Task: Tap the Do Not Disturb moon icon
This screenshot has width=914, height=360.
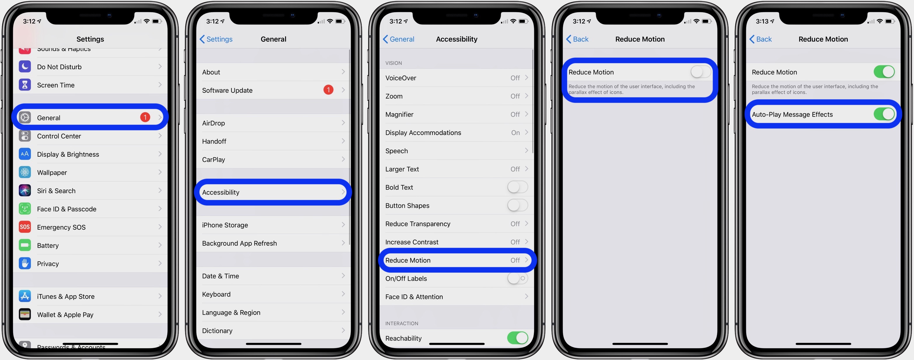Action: point(25,67)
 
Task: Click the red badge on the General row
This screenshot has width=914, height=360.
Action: point(145,117)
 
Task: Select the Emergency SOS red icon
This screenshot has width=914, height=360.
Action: point(25,227)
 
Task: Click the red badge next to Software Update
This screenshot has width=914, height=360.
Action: point(328,90)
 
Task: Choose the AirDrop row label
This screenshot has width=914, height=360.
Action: point(214,123)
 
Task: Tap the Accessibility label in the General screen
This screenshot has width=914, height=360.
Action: point(221,192)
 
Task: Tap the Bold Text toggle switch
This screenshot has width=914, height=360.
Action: point(517,187)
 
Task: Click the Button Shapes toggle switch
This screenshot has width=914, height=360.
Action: point(517,205)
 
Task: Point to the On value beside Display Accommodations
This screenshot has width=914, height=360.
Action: point(515,133)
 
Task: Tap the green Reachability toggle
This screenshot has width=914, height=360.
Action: point(517,338)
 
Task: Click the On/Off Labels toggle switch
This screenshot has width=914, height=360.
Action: point(517,278)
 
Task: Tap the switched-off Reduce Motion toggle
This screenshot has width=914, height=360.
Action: point(700,72)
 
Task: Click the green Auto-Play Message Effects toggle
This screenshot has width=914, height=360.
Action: point(884,114)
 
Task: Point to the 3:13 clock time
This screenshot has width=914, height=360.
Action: point(762,21)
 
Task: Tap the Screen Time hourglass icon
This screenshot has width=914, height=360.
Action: point(25,85)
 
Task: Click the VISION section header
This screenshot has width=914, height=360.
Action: point(393,63)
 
